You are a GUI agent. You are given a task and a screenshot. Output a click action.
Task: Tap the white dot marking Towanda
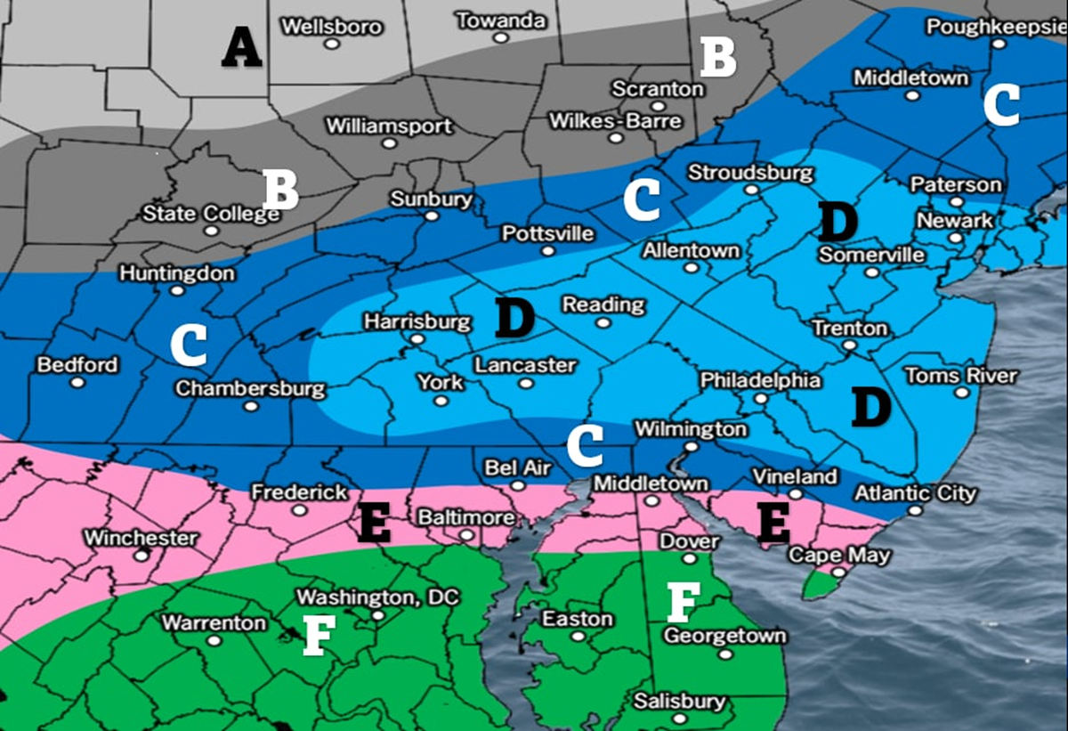(x=501, y=38)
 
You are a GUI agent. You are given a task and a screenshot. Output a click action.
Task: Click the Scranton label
(x=658, y=89)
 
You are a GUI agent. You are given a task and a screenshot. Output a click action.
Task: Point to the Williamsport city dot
(x=388, y=146)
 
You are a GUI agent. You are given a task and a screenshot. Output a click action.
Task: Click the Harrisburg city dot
(x=416, y=339)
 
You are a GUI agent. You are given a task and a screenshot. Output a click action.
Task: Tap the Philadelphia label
(x=760, y=380)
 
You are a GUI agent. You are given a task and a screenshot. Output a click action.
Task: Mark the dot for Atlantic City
(x=916, y=511)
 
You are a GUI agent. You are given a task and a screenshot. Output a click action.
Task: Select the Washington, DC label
(x=378, y=597)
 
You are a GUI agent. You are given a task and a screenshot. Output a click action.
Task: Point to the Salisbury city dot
(x=679, y=719)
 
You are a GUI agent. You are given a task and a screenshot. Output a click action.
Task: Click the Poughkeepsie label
(x=996, y=26)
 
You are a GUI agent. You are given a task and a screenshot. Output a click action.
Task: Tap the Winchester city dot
(x=141, y=555)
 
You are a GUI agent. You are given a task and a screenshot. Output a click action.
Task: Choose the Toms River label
(x=960, y=375)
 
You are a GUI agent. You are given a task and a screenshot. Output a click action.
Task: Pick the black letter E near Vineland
(x=773, y=524)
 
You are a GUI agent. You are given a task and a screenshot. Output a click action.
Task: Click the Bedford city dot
(x=77, y=382)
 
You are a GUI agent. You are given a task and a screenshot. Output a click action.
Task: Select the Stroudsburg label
(x=751, y=172)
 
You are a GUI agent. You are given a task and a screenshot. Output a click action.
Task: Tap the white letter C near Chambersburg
(x=189, y=345)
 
